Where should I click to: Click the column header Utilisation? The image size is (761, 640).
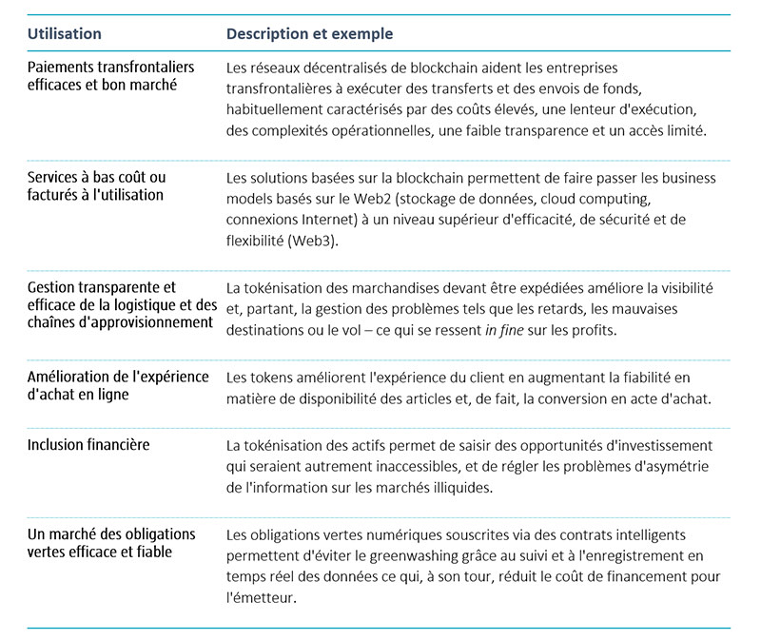pos(65,33)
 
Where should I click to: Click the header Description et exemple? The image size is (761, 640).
pos(309,33)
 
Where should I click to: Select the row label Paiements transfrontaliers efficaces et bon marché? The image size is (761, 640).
pos(110,75)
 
